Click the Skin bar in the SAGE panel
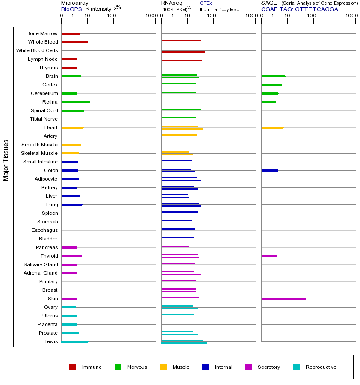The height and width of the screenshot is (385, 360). click(x=283, y=299)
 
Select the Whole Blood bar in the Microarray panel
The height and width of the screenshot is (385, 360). click(x=74, y=42)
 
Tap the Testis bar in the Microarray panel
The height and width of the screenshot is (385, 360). click(x=75, y=341)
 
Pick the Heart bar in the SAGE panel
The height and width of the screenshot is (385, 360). click(x=272, y=127)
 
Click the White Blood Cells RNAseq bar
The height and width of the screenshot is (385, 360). click(x=183, y=52)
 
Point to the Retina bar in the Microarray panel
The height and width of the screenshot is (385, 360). click(x=75, y=102)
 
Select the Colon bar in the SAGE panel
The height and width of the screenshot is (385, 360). click(x=270, y=170)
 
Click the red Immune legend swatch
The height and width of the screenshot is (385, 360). click(x=73, y=367)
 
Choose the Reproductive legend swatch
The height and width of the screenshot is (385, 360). click(x=296, y=367)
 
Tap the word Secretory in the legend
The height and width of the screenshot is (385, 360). click(x=269, y=367)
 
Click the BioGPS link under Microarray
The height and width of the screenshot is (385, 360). click(x=71, y=9)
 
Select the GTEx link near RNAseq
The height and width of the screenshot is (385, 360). click(x=206, y=3)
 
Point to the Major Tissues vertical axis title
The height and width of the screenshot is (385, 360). click(x=6, y=160)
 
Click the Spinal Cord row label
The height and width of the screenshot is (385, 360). click(x=44, y=110)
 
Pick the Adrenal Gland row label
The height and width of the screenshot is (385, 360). click(x=41, y=273)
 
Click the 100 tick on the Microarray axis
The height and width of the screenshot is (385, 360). click(x=112, y=16)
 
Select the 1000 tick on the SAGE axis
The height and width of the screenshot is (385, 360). click(x=351, y=16)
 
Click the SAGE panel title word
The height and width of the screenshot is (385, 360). click(x=269, y=3)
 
